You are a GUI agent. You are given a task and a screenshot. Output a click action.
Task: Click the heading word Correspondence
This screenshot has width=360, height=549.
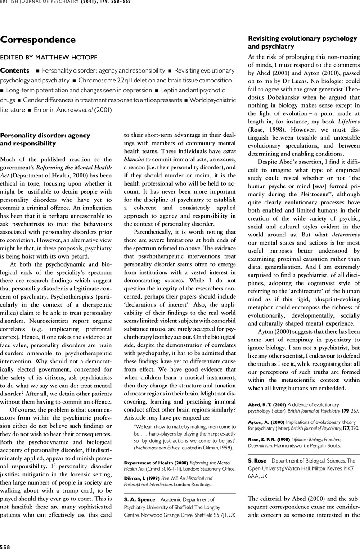click(x=38, y=40)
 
